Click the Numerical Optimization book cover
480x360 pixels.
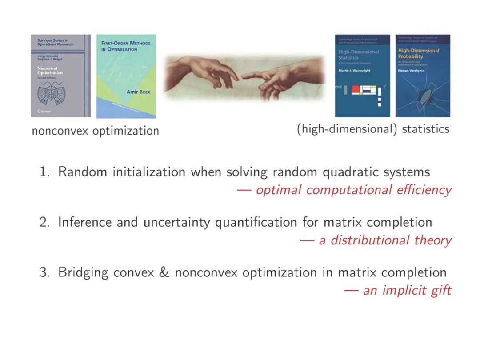pyautogui.click(x=60, y=76)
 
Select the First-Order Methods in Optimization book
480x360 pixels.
pyautogui.click(x=126, y=76)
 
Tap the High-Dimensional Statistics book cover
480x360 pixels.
pyautogui.click(x=362, y=76)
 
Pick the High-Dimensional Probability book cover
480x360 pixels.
pyautogui.click(x=416, y=76)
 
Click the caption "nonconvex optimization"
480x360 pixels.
pyautogui.click(x=95, y=131)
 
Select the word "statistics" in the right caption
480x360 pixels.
pyautogui.click(x=425, y=129)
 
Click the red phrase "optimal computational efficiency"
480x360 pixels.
pyautogui.click(x=354, y=190)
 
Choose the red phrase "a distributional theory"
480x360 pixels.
pyautogui.click(x=385, y=240)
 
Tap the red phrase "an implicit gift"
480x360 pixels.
pyautogui.click(x=407, y=291)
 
